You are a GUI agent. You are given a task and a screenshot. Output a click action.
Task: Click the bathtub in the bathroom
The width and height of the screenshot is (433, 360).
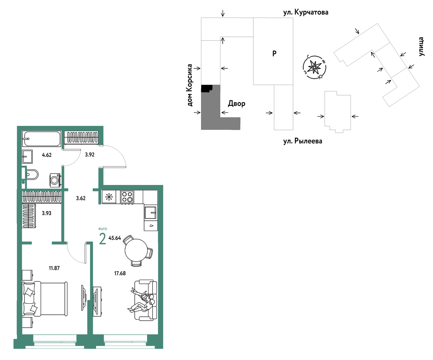click(x=41, y=139)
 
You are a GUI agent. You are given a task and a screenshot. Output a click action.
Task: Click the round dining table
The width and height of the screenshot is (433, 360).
click(x=136, y=250)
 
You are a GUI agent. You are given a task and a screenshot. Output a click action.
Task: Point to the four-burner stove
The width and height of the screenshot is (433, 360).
click(x=127, y=197)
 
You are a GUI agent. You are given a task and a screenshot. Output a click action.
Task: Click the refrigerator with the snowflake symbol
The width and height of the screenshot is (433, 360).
click(x=109, y=197)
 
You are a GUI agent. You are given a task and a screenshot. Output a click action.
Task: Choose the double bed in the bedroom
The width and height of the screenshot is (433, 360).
click(x=45, y=299)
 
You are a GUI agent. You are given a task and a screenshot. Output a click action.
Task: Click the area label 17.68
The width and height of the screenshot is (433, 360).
click(x=120, y=273)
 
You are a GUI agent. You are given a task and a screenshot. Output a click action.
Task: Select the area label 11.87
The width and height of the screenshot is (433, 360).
click(x=54, y=268)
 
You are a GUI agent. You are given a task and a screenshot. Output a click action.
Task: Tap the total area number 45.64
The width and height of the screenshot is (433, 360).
click(x=115, y=238)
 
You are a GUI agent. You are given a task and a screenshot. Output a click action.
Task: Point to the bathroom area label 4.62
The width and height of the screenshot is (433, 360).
click(x=47, y=155)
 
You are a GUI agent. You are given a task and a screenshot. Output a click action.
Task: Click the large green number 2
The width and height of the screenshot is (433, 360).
click(x=103, y=239)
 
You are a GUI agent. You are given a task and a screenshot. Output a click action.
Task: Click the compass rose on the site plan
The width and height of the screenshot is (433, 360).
click(x=314, y=67)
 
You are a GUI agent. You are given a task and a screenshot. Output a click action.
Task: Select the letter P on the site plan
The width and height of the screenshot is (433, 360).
click(x=274, y=54)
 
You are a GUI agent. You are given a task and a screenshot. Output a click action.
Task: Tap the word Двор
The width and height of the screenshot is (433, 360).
click(x=237, y=103)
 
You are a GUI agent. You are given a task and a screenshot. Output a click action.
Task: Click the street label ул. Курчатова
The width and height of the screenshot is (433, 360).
click(x=306, y=12)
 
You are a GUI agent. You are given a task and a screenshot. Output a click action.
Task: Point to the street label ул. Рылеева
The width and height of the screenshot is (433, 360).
click(x=303, y=141)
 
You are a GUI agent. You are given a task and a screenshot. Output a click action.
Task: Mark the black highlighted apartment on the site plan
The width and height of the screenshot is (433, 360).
click(x=207, y=88)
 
